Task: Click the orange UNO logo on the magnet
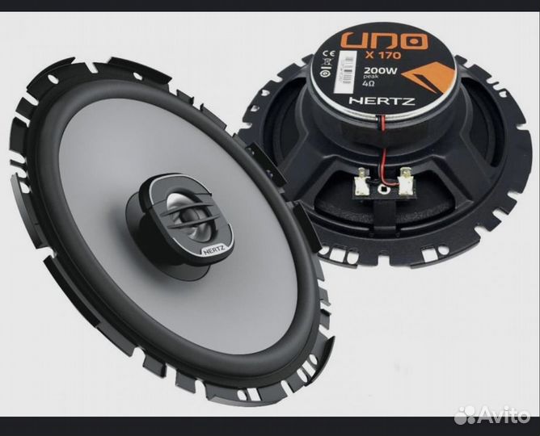[x=386, y=41]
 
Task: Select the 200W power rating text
[x=381, y=72]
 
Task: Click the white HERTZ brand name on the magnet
[x=382, y=101]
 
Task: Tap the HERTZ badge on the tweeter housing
[x=213, y=250]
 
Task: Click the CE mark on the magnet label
[x=327, y=53]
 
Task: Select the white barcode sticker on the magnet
[x=344, y=73]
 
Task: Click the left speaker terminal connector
[x=363, y=178]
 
